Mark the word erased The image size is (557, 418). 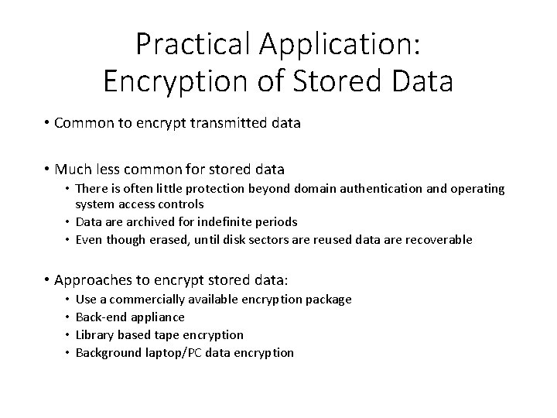(x=169, y=239)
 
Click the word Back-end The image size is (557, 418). (x=101, y=317)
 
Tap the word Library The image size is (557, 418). (x=96, y=334)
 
